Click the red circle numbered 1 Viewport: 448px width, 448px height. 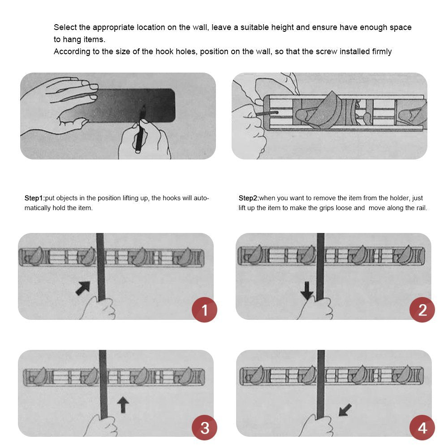point(204,310)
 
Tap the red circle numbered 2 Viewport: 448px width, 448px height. point(422,310)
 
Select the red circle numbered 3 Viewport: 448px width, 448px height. point(204,427)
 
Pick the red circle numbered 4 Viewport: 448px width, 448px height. point(422,427)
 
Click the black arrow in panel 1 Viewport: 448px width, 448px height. point(83,288)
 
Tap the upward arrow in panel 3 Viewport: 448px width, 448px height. point(123,405)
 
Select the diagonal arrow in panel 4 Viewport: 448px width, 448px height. point(345,410)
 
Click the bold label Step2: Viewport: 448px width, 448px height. point(249,198)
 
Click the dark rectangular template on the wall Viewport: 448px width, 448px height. point(126,105)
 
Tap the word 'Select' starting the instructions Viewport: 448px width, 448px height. point(65,27)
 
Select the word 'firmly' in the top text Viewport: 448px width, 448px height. point(382,52)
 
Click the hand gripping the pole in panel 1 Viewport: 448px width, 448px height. point(99,308)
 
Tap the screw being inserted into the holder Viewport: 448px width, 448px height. point(267,113)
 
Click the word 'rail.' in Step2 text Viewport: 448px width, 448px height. point(421,208)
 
